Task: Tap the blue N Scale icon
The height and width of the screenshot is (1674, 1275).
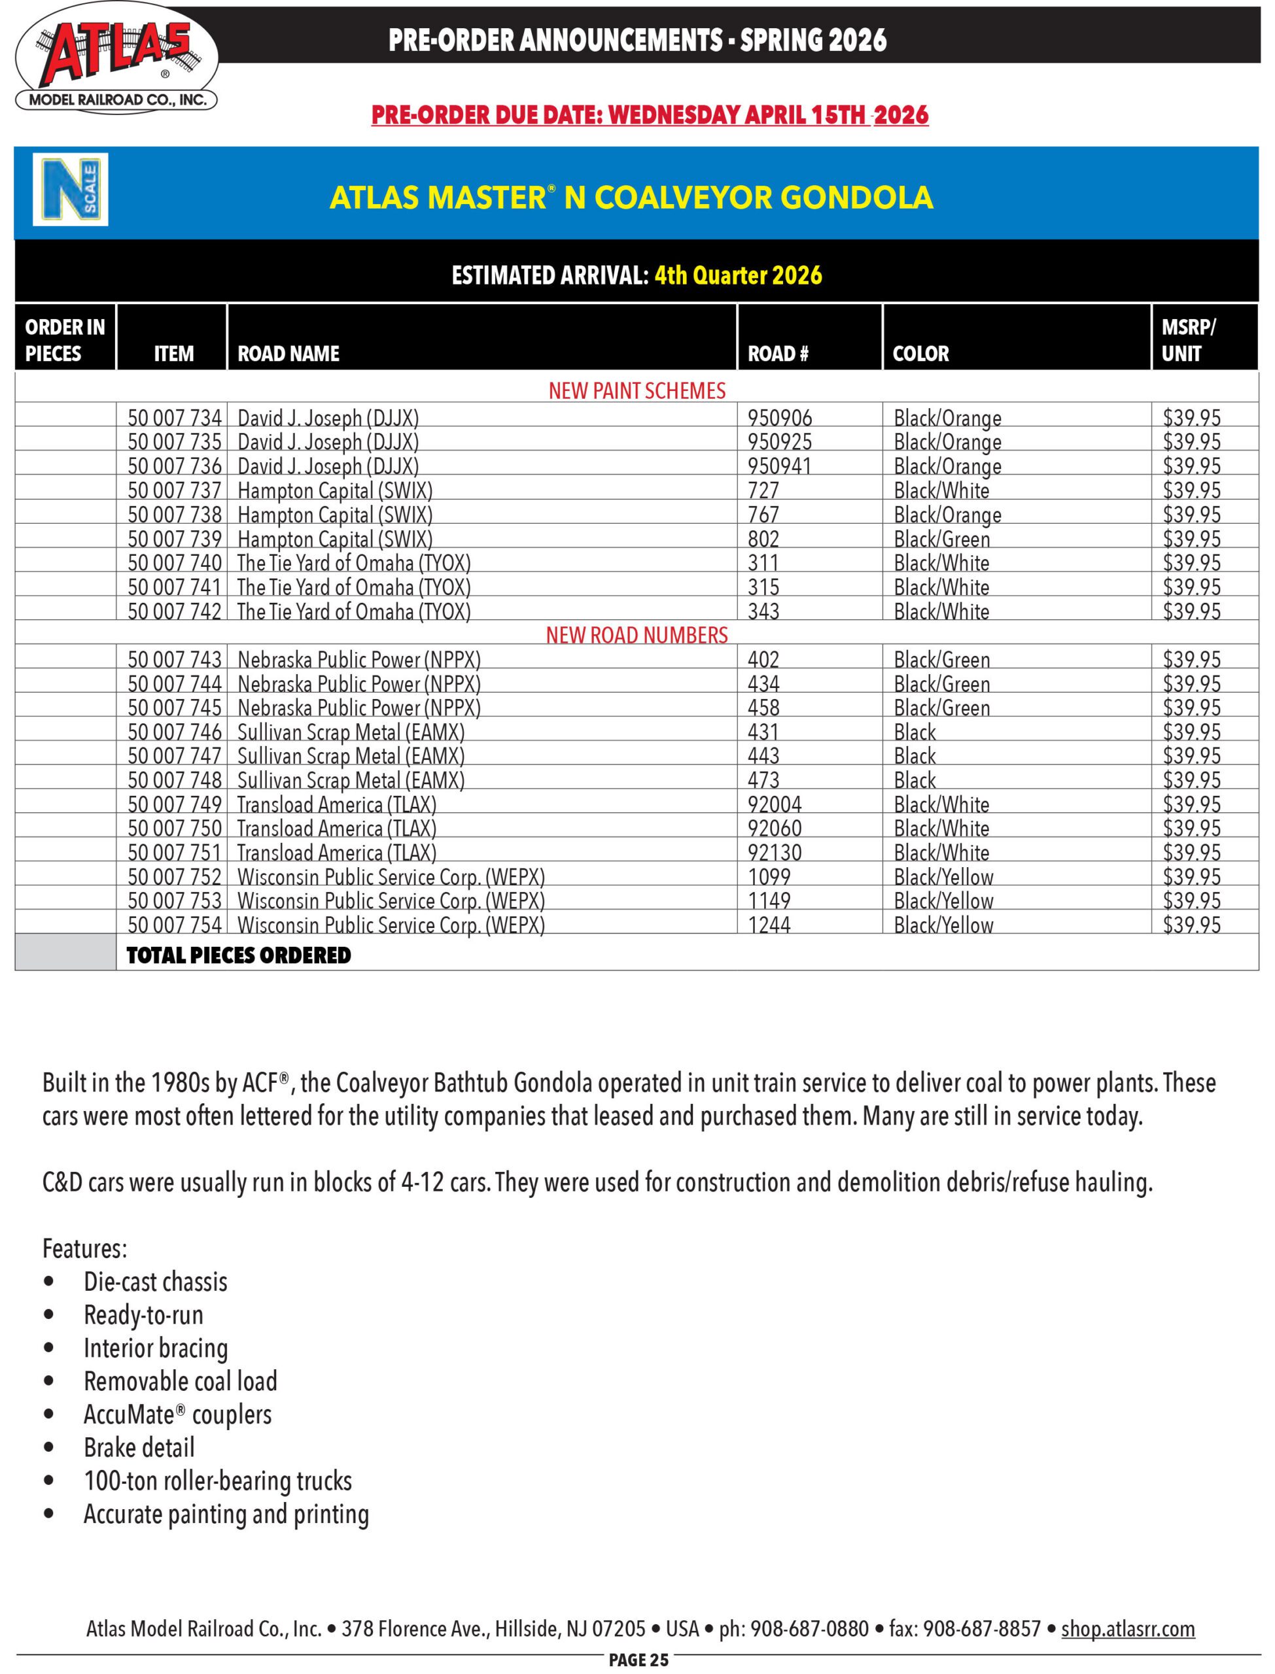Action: pos(70,190)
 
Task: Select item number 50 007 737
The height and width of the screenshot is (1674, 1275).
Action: pos(174,490)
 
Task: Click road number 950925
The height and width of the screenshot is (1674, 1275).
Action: pos(779,442)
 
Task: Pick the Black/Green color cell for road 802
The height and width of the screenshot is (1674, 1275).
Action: pos(941,539)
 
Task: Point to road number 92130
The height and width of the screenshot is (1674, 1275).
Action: pos(774,853)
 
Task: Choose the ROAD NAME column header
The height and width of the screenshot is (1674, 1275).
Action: pos(288,354)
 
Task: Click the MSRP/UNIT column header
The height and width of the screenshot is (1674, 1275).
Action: pos(1188,340)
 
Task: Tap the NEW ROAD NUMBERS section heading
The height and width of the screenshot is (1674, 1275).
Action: pos(637,635)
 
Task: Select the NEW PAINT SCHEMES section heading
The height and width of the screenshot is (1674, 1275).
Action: pos(637,390)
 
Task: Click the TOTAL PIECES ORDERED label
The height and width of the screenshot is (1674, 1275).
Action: pos(238,955)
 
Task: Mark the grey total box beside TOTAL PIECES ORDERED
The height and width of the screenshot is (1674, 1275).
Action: pos(65,952)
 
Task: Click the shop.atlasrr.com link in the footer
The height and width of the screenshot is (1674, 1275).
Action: pos(1128,1628)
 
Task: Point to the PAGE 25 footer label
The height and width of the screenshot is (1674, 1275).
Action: pos(638,1660)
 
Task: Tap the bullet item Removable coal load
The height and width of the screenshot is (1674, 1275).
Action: pos(180,1380)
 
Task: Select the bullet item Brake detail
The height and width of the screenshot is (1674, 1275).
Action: pos(139,1447)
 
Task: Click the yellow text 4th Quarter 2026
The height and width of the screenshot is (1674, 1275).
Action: pos(738,275)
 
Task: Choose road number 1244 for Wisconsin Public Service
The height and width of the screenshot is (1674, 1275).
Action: pos(769,925)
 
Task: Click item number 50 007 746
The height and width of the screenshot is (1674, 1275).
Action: pos(174,732)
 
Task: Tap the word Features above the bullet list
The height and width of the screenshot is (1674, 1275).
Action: pos(84,1248)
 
